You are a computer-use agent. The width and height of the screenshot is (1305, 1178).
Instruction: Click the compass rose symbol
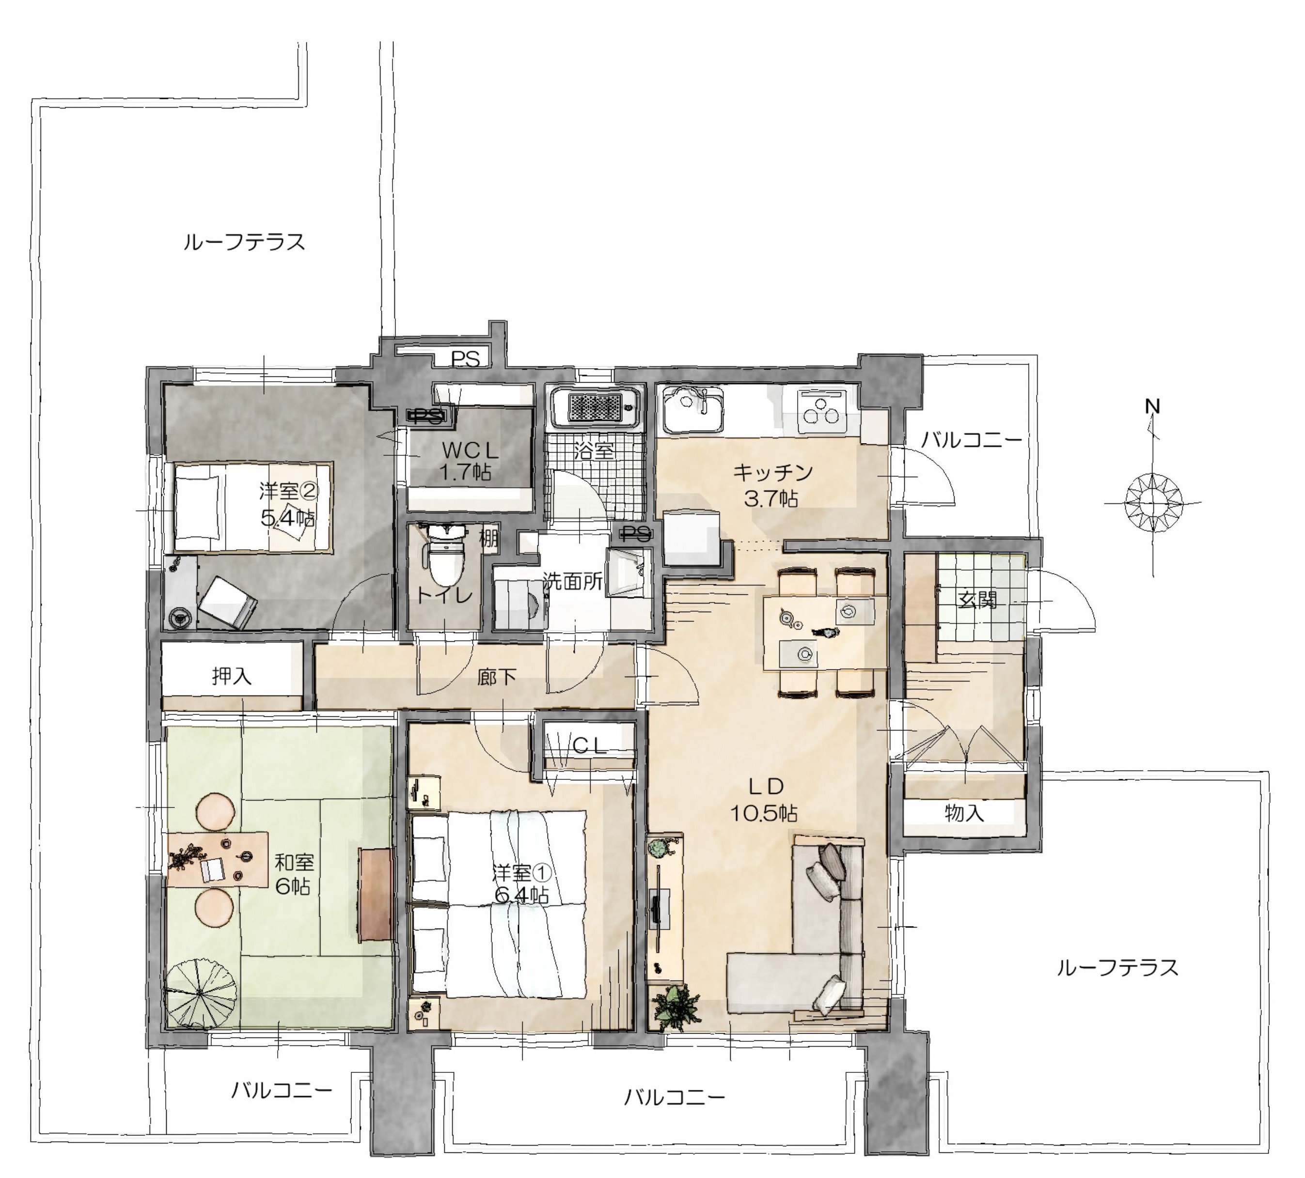1153,501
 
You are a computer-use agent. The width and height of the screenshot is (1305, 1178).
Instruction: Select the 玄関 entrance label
977,600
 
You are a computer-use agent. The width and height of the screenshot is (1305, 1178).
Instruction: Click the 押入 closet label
231,676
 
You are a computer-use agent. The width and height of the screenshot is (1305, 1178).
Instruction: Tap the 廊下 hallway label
497,677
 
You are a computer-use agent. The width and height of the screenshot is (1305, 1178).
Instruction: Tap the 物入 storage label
964,812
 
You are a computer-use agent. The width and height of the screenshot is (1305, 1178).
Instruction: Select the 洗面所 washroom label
573,582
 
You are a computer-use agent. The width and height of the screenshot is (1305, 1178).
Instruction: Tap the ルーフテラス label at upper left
244,242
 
